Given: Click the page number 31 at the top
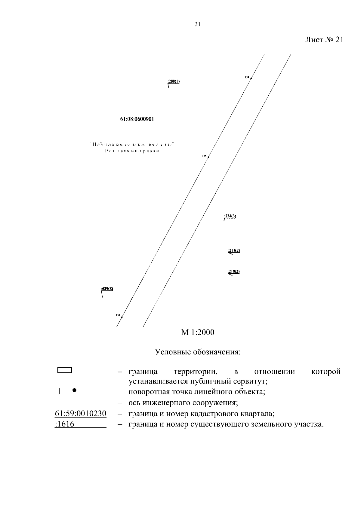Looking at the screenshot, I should [x=197, y=25].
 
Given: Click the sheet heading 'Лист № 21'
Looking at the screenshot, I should [x=324, y=40].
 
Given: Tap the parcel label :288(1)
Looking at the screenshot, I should [x=174, y=81].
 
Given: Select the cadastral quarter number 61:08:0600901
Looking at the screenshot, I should [x=137, y=119].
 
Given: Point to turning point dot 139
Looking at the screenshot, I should [x=251, y=78].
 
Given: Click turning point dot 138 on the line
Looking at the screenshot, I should [x=208, y=157].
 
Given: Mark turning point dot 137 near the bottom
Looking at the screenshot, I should [x=122, y=317].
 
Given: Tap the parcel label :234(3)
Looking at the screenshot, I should [x=230, y=216].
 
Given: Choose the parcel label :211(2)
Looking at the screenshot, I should [x=234, y=250].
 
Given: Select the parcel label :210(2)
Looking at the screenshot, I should [x=234, y=272].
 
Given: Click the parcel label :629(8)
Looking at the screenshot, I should [x=107, y=289].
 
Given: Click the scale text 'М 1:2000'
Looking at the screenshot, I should [x=197, y=332].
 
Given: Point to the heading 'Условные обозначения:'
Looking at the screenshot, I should [x=198, y=352].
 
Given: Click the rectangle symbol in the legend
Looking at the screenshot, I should [x=64, y=370].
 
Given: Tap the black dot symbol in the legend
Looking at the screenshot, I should [x=74, y=390].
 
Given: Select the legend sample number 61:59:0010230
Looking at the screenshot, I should [x=81, y=414].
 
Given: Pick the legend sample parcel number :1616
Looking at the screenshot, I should [x=65, y=424].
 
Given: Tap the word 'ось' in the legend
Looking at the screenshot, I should [x=134, y=403].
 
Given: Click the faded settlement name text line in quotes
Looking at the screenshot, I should [x=133, y=144].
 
